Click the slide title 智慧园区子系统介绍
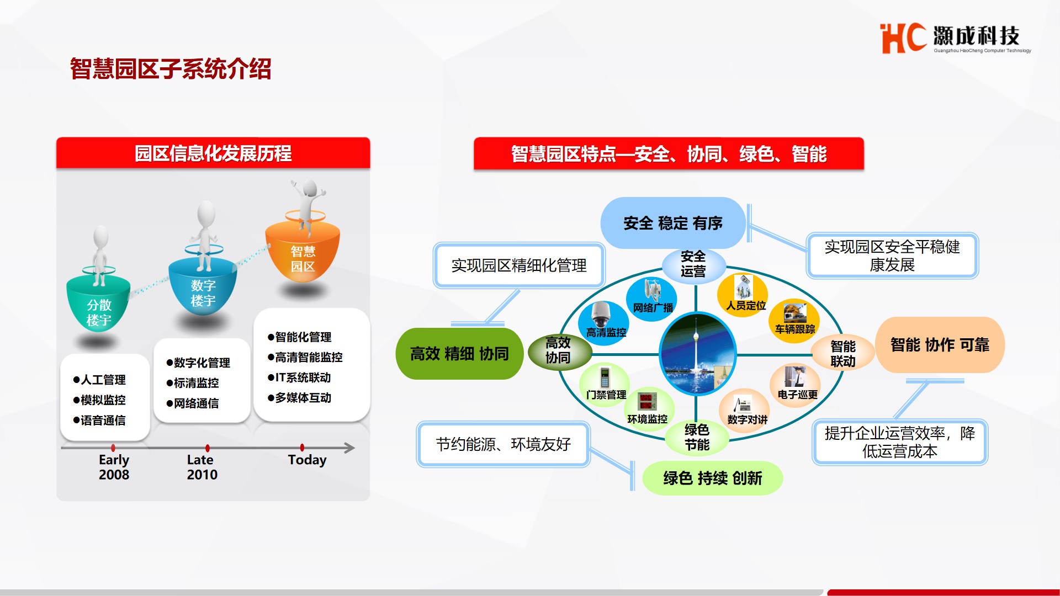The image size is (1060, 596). pos(171,69)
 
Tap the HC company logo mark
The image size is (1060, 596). pos(903,38)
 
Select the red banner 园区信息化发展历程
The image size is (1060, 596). pos(213,153)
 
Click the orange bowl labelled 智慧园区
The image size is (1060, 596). pos(303,251)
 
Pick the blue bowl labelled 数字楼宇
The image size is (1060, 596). pos(203,287)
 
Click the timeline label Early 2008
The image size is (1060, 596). pos(114,467)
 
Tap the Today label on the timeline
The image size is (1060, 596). pos(307,460)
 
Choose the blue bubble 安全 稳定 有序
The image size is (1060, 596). pos(673,223)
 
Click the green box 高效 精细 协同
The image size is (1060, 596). pos(459,354)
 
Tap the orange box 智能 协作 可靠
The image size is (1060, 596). pos(940,345)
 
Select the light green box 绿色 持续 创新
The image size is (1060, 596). pos(713,478)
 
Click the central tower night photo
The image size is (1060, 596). pos(698,354)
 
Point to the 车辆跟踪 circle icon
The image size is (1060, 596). pos(794,320)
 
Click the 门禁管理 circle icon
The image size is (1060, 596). pos(606,385)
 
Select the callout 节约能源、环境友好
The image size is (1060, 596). pos(503,444)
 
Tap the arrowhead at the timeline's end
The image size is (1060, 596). pos(349,448)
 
